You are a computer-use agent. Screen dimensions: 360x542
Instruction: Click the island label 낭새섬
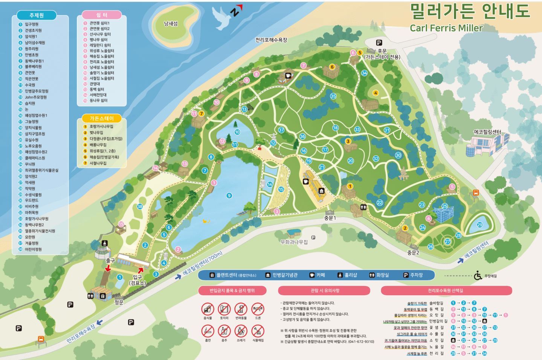coord(171,24)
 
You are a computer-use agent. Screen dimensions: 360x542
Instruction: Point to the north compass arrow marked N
coord(236,11)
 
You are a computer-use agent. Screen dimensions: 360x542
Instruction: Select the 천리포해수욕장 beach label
coord(271,40)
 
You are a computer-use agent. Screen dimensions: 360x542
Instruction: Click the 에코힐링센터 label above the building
coord(487,132)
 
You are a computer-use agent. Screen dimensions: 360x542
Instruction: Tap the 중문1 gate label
coord(330,218)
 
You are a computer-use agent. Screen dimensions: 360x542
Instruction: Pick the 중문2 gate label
coord(413,253)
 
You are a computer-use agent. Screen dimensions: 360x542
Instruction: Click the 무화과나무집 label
coord(294,242)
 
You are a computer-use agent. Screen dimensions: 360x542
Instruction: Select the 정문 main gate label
coord(119,302)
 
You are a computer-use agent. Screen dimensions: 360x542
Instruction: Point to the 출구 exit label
coord(110,260)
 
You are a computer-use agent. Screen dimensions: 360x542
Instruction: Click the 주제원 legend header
coord(37,15)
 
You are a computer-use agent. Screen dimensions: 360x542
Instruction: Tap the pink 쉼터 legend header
coord(102,15)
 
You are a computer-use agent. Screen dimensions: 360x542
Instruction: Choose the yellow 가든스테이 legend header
coord(102,118)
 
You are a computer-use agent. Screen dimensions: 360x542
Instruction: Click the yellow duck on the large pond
coord(206,221)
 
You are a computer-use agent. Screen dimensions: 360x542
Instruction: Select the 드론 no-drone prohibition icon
coord(258,309)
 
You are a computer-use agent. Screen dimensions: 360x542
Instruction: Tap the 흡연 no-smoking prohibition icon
coord(208,331)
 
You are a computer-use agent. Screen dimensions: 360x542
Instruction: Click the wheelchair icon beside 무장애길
coord(478,276)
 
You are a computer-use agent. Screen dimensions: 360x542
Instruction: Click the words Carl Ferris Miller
coord(446,28)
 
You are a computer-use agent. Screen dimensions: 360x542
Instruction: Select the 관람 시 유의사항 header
coord(325,290)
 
